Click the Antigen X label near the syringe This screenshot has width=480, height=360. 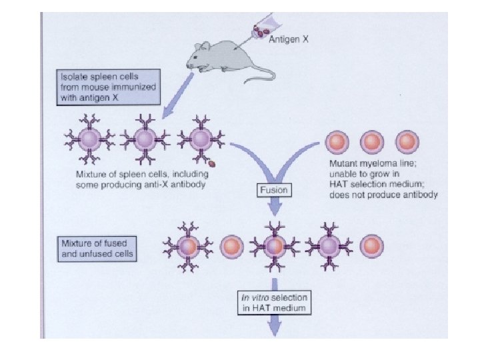pos(288,40)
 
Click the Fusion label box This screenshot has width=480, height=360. pos(274,190)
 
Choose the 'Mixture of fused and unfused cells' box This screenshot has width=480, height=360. pos(97,248)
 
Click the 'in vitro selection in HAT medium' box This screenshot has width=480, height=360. pos(274,302)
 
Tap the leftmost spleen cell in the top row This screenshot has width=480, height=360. pos(90,141)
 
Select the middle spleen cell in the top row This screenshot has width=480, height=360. pos(145,141)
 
